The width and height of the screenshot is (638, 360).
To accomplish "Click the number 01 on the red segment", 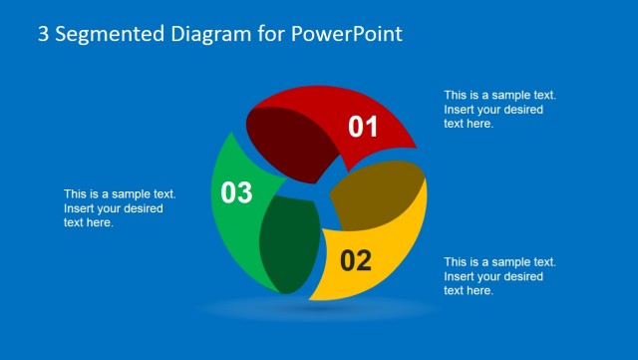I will click(364, 127).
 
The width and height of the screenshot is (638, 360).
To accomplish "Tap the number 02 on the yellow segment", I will click(356, 261).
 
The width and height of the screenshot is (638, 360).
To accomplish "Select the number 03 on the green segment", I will click(236, 192).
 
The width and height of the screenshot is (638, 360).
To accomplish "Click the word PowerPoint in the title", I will click(347, 34).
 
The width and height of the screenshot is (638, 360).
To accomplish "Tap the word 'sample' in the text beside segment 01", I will click(508, 96).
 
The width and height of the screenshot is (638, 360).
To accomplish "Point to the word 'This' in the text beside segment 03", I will click(76, 194).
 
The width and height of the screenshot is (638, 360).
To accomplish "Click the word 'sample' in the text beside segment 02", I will click(508, 262).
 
